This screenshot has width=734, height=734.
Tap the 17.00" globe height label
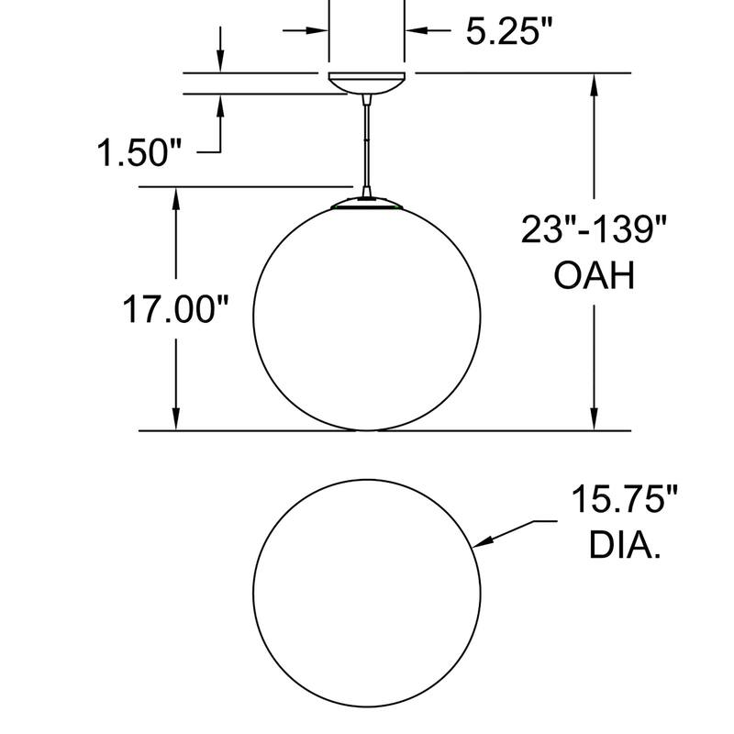(175, 310)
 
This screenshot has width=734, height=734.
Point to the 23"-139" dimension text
(592, 228)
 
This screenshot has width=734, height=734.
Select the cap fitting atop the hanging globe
(367, 201)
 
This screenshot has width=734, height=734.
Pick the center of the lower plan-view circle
(367, 592)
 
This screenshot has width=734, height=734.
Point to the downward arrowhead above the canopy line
(220, 62)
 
